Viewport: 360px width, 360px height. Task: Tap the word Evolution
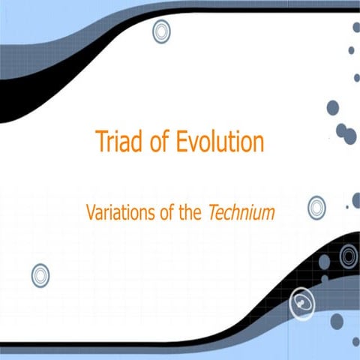click(x=221, y=141)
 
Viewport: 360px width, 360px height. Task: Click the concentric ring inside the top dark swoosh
click(x=161, y=31)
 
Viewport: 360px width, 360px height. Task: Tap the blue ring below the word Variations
click(x=40, y=275)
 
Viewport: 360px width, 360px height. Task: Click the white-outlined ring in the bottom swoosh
click(x=301, y=302)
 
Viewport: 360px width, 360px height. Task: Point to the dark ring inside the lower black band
click(x=348, y=256)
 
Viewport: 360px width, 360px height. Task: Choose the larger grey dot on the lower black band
click(x=325, y=262)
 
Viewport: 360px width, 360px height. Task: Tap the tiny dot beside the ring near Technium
click(x=346, y=206)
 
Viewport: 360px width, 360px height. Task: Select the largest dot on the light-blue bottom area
click(x=337, y=321)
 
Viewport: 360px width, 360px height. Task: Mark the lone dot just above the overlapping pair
click(x=333, y=107)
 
